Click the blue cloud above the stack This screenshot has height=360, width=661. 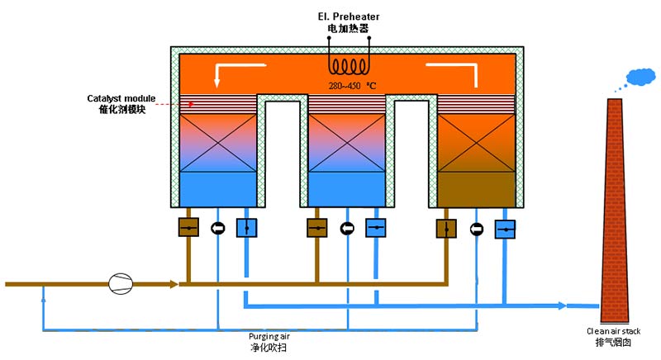[x=640, y=78]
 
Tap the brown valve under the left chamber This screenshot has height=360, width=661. [x=188, y=227]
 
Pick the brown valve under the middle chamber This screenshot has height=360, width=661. [x=316, y=227]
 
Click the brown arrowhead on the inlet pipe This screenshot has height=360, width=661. [x=174, y=284]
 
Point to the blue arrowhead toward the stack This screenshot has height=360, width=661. [x=561, y=306]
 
